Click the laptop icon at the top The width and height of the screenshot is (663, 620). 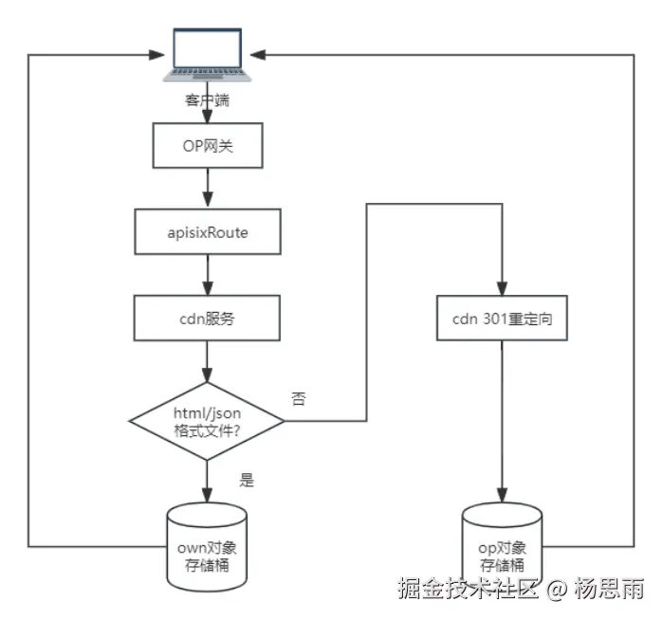tap(207, 55)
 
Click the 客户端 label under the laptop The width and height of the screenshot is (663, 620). tap(207, 100)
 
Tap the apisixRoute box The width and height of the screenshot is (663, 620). tap(207, 232)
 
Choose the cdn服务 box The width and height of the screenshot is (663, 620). tap(207, 319)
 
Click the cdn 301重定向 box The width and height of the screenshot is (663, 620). tap(503, 319)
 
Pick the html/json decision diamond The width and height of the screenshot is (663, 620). tap(207, 419)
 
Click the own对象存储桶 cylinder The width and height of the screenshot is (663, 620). tap(207, 546)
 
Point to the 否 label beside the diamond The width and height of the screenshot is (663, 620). tap(299, 399)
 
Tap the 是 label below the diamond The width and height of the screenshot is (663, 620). tap(247, 480)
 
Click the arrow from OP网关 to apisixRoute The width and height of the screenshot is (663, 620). tap(207, 189)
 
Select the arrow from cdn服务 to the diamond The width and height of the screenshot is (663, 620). tap(207, 360)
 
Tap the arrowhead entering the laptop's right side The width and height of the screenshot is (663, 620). tap(262, 55)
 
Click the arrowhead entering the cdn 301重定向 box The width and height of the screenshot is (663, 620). tap(503, 290)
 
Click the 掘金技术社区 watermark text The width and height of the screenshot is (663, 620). tap(469, 589)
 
